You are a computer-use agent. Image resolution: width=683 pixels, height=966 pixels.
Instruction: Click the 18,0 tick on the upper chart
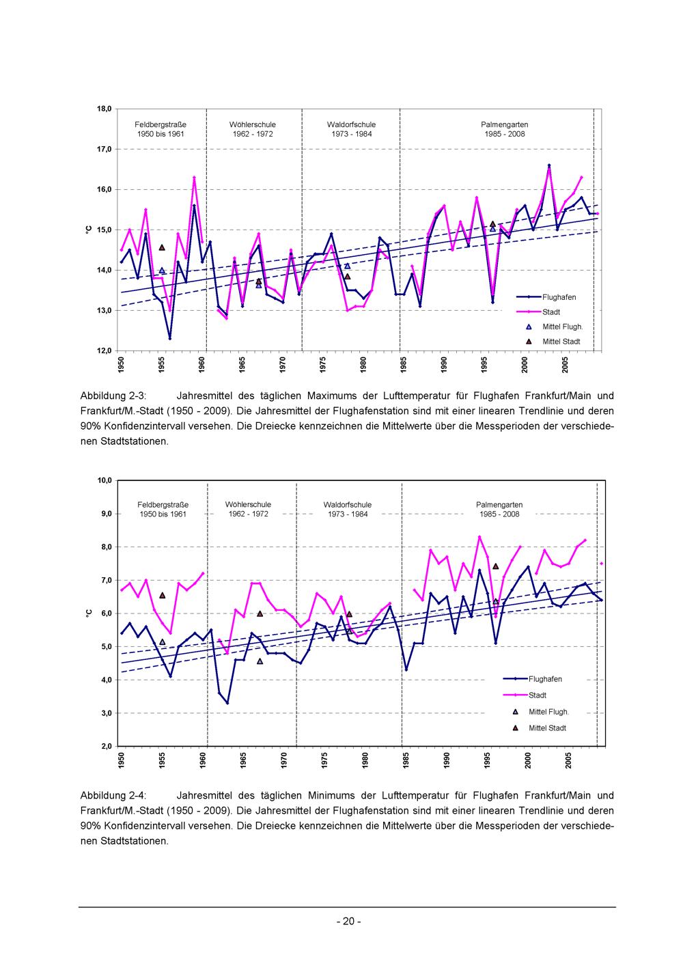pos(104,109)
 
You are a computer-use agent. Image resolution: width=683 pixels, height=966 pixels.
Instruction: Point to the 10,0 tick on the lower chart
pos(104,480)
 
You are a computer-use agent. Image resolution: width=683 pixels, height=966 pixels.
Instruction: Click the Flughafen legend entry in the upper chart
pos(559,297)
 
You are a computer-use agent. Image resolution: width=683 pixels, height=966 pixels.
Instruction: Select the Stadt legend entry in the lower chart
pos(538,695)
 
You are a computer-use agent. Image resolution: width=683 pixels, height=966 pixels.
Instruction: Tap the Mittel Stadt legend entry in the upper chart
pos(561,342)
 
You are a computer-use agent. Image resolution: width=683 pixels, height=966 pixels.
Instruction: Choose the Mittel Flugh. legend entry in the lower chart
pos(548,712)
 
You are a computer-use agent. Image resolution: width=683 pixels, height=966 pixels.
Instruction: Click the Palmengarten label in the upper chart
pos(505,124)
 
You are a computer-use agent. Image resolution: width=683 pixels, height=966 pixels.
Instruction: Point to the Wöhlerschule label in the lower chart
pos(248,505)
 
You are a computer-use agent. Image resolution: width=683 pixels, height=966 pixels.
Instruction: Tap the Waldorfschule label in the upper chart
pos(352,124)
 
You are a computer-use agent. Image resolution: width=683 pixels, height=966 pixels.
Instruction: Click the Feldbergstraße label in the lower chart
pos(163,505)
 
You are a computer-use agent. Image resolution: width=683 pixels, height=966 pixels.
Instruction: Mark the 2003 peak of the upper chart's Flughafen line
pos(549,165)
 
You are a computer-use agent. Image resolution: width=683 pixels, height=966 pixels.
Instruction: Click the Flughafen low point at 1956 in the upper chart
pos(169,339)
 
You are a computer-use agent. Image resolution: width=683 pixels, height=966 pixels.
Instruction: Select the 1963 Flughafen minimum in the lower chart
pos(227,703)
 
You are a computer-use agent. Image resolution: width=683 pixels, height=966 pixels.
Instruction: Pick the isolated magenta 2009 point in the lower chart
pos(602,563)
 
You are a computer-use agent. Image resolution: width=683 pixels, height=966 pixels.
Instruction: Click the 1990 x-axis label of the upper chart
pos(444,365)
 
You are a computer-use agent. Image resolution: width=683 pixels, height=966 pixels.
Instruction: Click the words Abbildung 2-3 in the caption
pos(113,396)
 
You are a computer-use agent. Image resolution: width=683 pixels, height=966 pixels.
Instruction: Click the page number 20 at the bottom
pos(349,921)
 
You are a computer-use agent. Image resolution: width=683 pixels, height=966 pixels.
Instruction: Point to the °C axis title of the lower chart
pos(88,613)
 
